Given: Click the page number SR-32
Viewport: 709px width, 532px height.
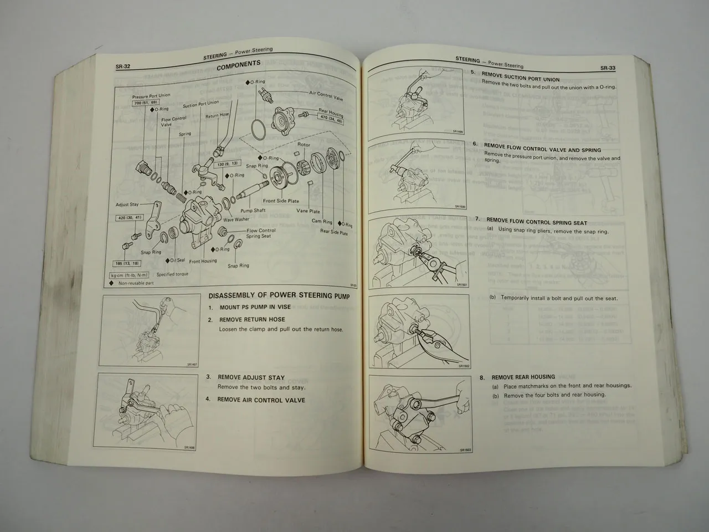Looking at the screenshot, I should pyautogui.click(x=122, y=68).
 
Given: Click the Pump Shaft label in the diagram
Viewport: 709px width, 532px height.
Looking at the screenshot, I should pyautogui.click(x=253, y=211).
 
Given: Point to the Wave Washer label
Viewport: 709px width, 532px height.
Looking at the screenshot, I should pyautogui.click(x=237, y=219).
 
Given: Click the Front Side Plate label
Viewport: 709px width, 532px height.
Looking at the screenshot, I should pyautogui.click(x=281, y=201).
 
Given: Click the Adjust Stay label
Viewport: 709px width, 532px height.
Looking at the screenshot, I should pyautogui.click(x=127, y=204).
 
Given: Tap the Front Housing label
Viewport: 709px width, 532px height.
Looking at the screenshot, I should pyautogui.click(x=203, y=261).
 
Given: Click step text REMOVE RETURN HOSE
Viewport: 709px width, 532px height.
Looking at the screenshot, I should pyautogui.click(x=252, y=320).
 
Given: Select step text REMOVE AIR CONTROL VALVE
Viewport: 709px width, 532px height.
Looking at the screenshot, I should pyautogui.click(x=261, y=400).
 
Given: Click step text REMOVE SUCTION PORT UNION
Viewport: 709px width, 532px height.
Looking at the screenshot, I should pyautogui.click(x=521, y=78).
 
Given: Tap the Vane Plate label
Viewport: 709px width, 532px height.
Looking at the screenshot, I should pyautogui.click(x=307, y=211).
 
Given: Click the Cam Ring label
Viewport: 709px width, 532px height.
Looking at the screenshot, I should pyautogui.click(x=322, y=221).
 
